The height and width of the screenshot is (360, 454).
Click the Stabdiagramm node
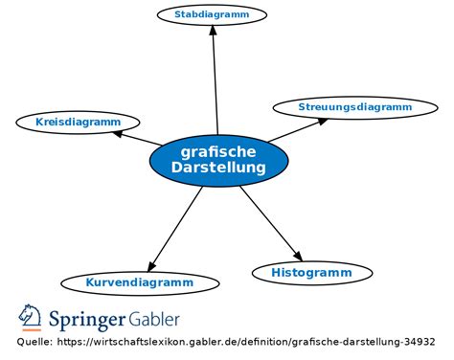212,14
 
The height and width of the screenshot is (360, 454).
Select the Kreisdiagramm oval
78,123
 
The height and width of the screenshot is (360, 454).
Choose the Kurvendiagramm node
140,282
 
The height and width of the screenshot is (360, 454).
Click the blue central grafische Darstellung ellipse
218,161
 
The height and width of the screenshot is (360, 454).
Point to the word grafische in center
218,151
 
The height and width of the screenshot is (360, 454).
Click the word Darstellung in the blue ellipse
218,169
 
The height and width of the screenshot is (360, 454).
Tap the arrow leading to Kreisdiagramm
137,140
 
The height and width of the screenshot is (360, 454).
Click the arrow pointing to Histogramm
270,222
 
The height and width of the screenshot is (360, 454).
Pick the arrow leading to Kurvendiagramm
175,228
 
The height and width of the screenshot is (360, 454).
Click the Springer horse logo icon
31,317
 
